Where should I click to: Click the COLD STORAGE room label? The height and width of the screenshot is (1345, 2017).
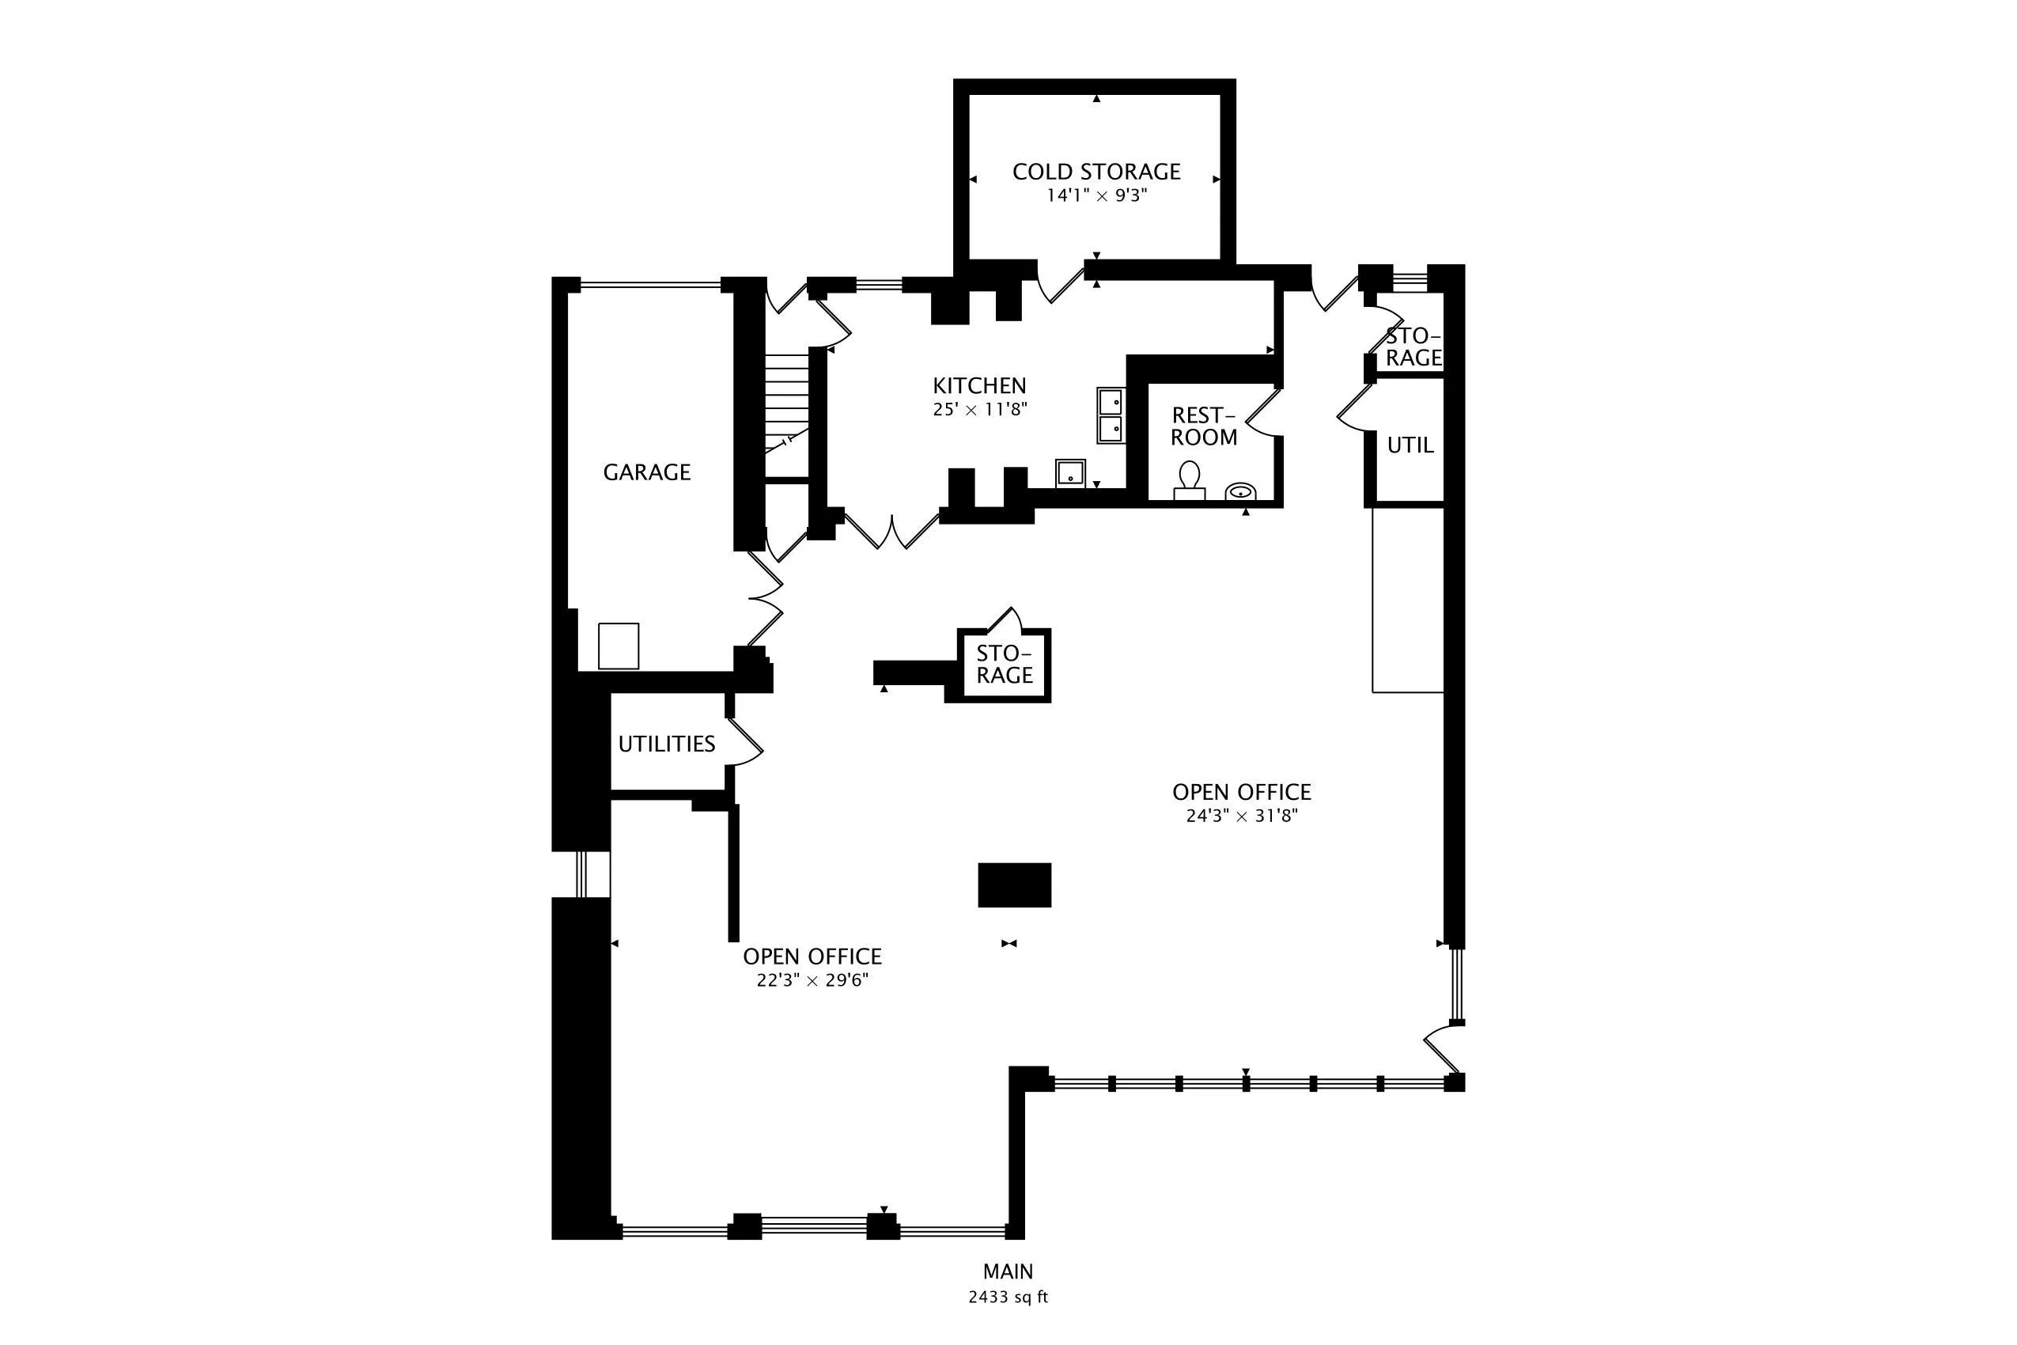[1096, 172]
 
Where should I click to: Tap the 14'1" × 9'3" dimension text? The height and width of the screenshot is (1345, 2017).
[1096, 195]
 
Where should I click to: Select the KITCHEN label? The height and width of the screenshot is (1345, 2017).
[979, 385]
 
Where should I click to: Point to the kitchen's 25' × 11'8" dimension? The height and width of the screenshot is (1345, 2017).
[979, 409]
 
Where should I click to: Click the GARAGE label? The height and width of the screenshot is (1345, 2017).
[646, 472]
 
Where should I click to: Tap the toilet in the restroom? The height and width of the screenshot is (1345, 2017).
[1190, 480]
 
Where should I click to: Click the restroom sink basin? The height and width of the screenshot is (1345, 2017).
[1240, 491]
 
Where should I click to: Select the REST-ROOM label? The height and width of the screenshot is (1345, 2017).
[1204, 426]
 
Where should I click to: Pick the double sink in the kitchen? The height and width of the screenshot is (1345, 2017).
[1111, 415]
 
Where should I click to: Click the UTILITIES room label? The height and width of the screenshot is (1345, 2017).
[666, 744]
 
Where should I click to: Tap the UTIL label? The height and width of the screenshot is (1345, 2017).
[1410, 445]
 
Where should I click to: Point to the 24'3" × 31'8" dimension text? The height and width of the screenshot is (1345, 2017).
[1242, 816]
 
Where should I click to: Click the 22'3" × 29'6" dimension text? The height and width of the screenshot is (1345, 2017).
[812, 980]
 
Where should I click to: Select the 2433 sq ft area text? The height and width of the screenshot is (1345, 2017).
[1008, 1298]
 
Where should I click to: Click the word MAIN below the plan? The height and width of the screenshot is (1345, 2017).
[1008, 1271]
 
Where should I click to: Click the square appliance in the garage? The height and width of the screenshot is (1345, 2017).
[619, 646]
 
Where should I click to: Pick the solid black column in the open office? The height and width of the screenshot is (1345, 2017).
[1015, 885]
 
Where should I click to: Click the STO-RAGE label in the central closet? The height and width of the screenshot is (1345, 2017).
[1005, 665]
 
